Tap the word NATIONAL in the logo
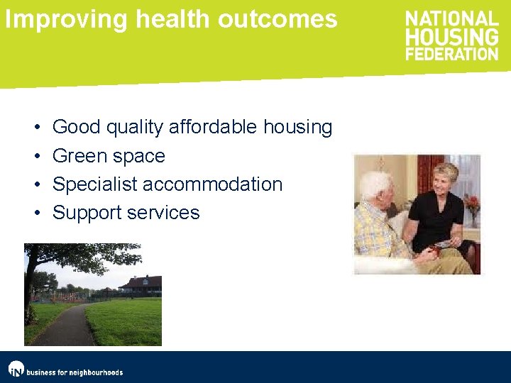pos(451,19)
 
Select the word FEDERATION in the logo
pos(452,53)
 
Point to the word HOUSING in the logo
pos(451,36)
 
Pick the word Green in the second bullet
pos(77,156)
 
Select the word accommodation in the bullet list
pos(213,184)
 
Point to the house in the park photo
pos(141,285)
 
